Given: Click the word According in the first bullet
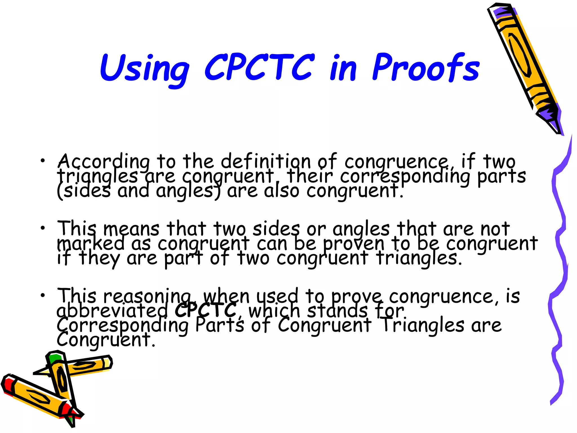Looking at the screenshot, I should (x=104, y=162).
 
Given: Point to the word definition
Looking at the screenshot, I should (x=266, y=161).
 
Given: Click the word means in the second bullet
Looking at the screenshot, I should (x=131, y=229).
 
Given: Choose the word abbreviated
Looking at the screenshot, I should (x=112, y=311).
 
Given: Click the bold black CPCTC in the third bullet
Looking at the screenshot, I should (x=206, y=310).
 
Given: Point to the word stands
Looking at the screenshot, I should (x=338, y=311).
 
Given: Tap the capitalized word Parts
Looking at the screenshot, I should (x=220, y=325).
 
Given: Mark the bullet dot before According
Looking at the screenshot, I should (x=43, y=161).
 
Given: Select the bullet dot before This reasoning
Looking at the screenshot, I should (x=43, y=295).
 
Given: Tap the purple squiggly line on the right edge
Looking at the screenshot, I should (x=559, y=271).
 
